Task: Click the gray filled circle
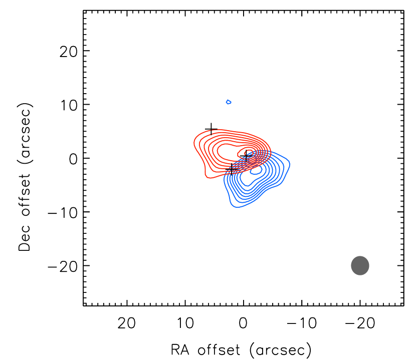(360, 265)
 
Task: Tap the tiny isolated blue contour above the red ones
(229, 102)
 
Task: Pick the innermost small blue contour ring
(256, 170)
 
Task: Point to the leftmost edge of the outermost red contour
(194, 145)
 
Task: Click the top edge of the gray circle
(360, 256)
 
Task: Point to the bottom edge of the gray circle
(360, 275)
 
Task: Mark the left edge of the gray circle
(351, 265)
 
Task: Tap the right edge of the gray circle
(369, 265)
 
